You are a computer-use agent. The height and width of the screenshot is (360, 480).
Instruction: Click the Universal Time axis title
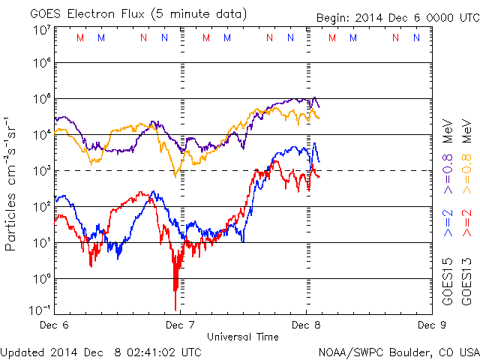242,337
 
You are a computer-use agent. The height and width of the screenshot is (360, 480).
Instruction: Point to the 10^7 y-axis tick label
41,29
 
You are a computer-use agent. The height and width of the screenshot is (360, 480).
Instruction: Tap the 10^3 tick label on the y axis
41,170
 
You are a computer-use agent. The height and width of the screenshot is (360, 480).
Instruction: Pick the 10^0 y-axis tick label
41,278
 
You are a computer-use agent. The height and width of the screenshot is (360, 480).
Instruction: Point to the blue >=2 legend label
447,223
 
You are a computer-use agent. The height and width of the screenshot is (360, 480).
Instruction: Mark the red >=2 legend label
466,223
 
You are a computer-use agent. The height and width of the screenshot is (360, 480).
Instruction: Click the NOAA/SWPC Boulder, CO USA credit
398,351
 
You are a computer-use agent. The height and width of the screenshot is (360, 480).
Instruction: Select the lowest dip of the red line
175,307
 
